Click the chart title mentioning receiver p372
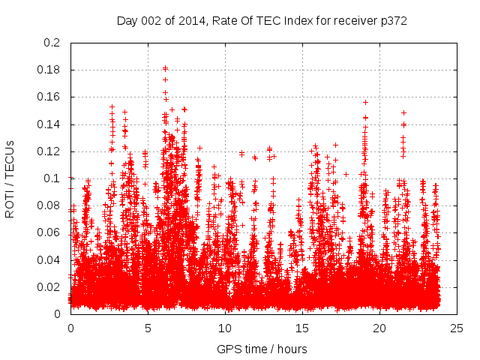click(262, 21)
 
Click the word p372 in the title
click(392, 21)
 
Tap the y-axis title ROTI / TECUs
click(10, 178)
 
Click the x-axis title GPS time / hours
click(262, 349)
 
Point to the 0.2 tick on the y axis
click(52, 43)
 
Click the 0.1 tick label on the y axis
click(52, 178)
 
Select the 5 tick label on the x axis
click(148, 328)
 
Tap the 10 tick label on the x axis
click(225, 328)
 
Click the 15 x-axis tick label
click(302, 328)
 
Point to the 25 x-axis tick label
click(457, 328)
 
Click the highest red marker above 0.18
click(165, 68)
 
